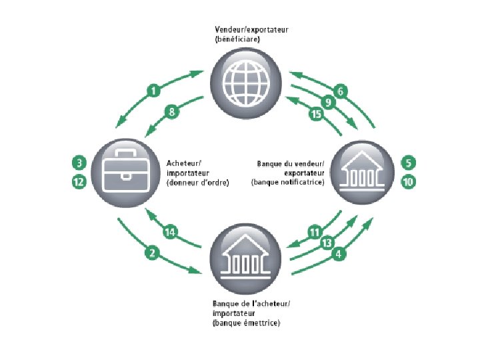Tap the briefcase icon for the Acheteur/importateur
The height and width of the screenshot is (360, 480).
[123, 172]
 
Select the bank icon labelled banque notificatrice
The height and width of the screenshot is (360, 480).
[364, 172]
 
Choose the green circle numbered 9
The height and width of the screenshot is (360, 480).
[328, 103]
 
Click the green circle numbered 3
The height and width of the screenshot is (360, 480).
[79, 163]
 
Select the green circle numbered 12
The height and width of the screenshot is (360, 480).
[79, 181]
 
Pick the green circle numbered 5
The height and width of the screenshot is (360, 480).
[408, 163]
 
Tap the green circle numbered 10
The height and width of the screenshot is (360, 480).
[408, 181]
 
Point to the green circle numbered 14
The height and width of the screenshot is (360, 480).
[171, 232]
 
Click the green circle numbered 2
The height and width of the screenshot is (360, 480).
[153, 253]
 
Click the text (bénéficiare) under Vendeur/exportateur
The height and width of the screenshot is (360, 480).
[237, 40]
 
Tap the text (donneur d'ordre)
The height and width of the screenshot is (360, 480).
[197, 182]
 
